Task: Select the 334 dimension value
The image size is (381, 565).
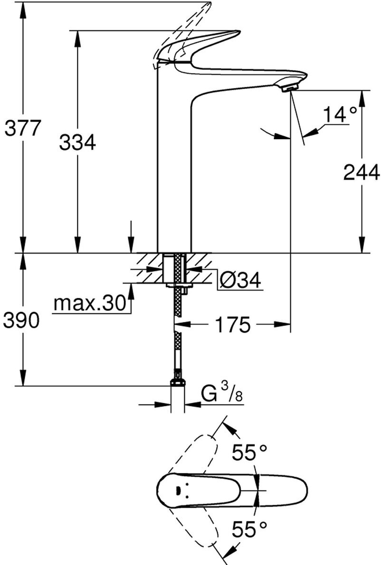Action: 77,141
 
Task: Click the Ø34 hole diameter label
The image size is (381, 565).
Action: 240,281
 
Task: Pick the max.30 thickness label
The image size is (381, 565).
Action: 89,302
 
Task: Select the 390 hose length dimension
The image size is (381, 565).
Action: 22,321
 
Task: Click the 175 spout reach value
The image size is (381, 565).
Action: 232,325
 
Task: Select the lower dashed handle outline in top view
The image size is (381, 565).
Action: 192,527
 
